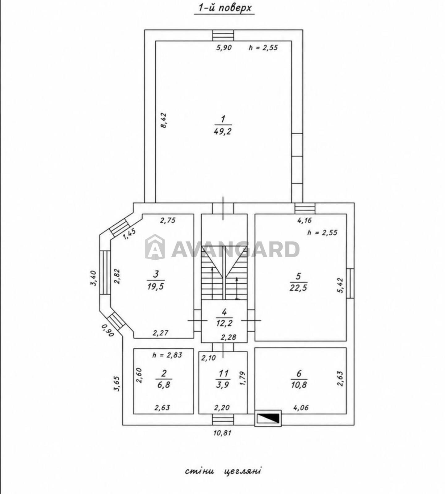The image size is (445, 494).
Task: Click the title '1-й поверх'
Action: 224,8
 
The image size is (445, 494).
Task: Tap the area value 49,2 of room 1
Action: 222,132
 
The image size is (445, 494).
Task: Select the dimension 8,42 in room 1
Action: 163,120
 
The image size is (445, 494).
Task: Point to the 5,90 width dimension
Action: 224,48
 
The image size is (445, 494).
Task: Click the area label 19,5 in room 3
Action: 156,287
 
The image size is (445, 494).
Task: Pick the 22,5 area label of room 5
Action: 298,288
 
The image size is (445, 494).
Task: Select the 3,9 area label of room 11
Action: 222,385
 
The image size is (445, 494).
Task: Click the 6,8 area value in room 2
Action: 164,385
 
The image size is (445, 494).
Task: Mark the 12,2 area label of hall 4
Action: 224,323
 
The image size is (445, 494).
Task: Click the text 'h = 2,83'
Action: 167,355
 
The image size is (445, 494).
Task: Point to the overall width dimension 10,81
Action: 222,433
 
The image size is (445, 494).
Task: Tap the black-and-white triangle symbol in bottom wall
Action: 268,418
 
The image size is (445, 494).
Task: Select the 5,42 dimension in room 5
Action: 340,285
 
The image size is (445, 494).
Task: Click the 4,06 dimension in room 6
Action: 301,408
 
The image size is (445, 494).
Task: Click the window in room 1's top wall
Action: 223,35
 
